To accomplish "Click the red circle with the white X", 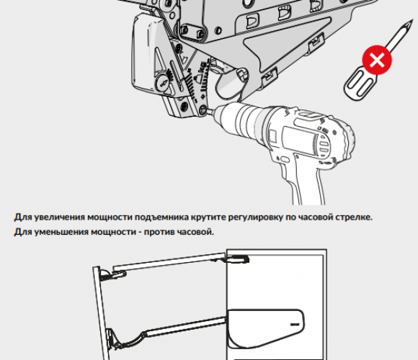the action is click(x=377, y=60).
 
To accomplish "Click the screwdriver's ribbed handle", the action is click(x=360, y=84).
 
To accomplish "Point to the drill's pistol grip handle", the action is click(x=304, y=181).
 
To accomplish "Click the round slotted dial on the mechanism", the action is click(x=162, y=83).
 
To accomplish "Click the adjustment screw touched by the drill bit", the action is click(x=203, y=109).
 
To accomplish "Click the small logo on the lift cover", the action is click(x=295, y=325).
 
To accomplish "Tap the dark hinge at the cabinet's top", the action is click(x=238, y=259).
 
